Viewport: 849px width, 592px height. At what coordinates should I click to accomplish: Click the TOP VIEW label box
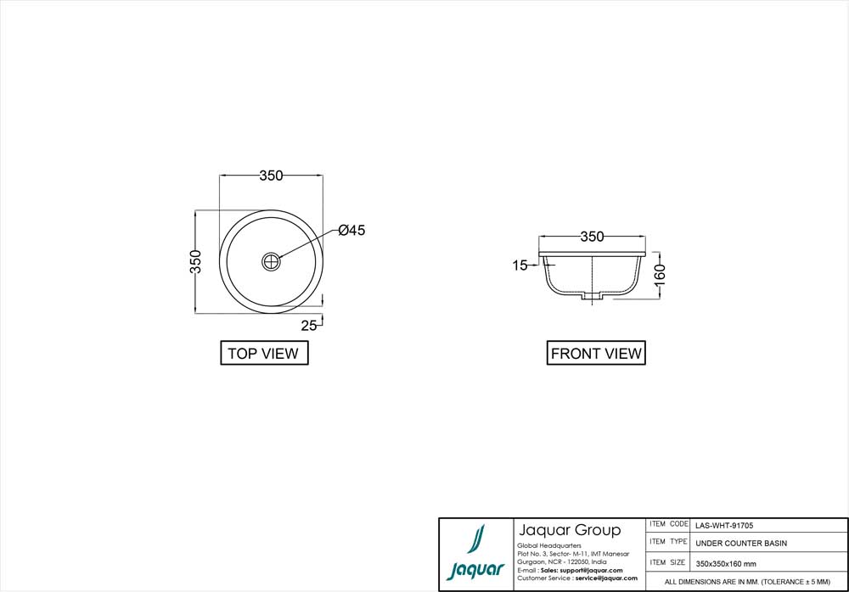pos(263,354)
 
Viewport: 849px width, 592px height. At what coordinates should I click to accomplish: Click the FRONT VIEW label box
pos(596,354)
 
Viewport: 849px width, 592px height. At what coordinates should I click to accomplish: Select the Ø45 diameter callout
pos(351,231)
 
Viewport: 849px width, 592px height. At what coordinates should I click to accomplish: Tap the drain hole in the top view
pos(272,261)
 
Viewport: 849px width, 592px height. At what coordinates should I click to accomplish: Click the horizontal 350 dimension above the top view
pos(271,176)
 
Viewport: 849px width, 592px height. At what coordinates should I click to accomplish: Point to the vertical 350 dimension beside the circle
pos(195,261)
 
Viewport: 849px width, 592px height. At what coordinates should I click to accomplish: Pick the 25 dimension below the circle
pos(308,325)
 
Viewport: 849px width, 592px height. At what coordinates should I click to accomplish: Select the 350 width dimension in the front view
pos(592,237)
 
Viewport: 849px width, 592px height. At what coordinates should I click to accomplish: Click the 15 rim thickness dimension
pos(520,265)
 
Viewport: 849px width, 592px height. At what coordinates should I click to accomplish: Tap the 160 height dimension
pos(661,273)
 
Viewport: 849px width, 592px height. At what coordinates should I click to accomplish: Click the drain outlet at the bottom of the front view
pos(592,297)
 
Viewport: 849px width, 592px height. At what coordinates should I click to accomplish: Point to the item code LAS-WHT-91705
pos(723,525)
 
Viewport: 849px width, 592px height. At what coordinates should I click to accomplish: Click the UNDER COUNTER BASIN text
pos(741,544)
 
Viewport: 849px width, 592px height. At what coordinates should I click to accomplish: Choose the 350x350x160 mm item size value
pos(726,563)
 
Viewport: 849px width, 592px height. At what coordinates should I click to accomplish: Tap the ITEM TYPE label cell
pos(668,542)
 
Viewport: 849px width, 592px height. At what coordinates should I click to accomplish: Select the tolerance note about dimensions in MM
pos(747,582)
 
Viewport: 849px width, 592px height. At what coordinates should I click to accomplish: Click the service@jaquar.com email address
pos(606,578)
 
